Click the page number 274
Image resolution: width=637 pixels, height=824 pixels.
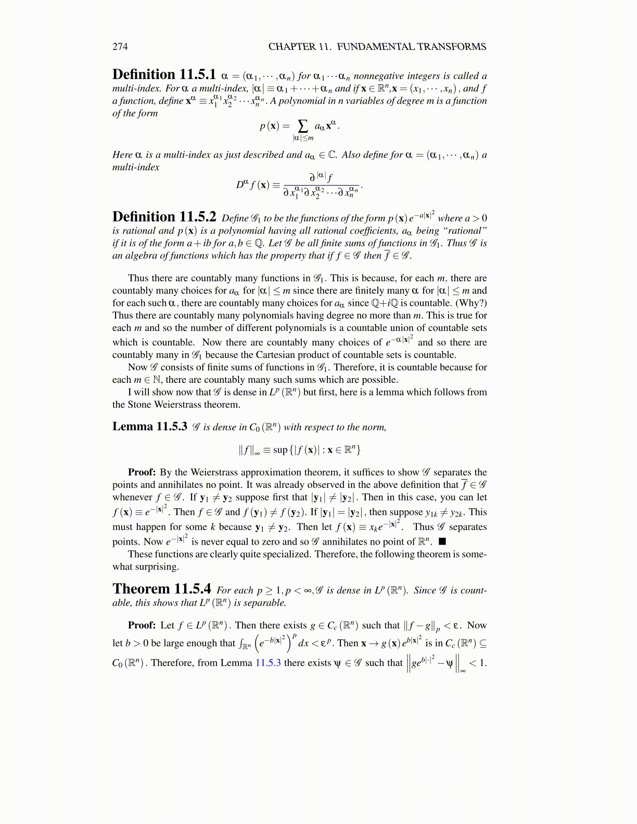[120, 47]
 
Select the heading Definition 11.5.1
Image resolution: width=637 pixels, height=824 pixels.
[164, 74]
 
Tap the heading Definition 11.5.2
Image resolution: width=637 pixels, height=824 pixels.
[164, 217]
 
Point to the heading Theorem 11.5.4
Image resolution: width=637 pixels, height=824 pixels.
[161, 589]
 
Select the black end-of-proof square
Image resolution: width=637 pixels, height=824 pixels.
[442, 542]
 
